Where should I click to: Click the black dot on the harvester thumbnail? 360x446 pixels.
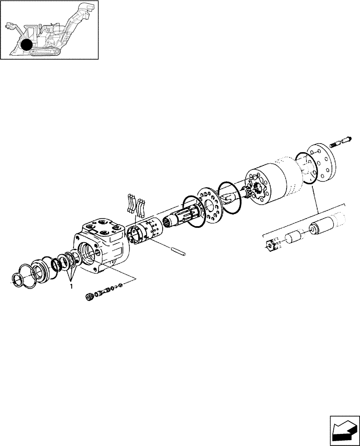(x=27, y=45)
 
